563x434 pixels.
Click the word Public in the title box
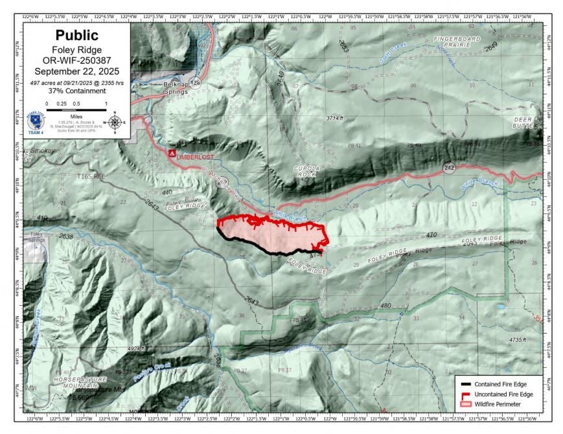tap(76, 35)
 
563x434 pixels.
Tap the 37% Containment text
tap(76, 91)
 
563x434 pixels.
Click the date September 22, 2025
tap(76, 71)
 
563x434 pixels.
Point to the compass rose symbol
tap(115, 120)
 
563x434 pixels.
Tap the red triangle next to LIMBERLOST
tap(172, 154)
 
